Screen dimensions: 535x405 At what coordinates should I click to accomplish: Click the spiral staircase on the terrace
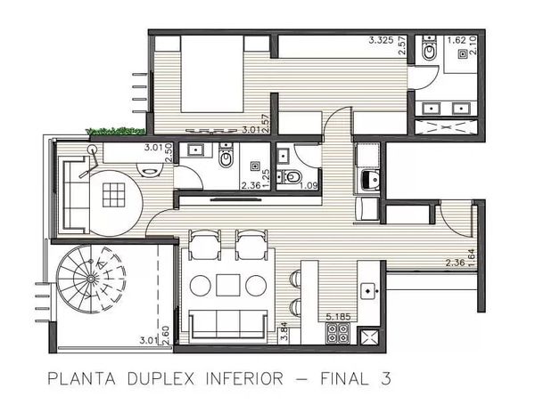point(91,279)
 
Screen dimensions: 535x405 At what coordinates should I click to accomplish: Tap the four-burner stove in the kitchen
point(337,332)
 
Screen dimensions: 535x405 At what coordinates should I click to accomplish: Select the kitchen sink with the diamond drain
point(368,291)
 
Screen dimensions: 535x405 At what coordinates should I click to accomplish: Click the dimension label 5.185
point(338,317)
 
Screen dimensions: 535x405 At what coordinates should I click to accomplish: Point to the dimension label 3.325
point(381,41)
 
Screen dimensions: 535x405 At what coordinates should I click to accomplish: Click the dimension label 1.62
point(457,40)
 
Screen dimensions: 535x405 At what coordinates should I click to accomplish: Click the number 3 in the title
point(385,379)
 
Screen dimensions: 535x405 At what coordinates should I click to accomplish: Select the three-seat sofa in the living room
point(228,325)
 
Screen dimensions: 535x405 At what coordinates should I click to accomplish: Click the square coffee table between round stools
point(228,285)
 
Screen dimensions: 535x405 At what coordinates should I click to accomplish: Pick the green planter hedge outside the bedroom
point(115,131)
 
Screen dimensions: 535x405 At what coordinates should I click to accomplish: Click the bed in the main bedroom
point(211,74)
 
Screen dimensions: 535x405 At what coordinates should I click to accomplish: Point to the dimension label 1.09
point(309,186)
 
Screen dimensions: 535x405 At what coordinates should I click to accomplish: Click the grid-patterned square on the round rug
point(113,195)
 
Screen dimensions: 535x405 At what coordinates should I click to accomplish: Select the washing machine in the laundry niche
point(370,181)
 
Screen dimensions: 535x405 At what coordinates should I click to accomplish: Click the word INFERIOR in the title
point(244,379)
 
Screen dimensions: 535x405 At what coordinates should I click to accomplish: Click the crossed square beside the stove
point(367,336)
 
